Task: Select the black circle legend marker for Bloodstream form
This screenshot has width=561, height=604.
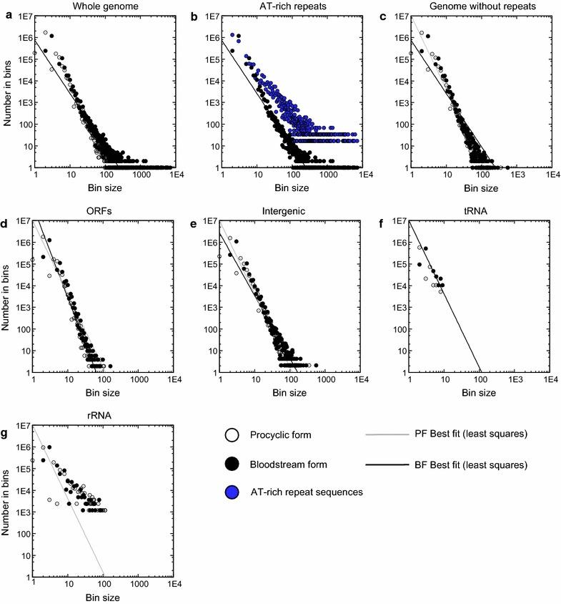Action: coord(231,464)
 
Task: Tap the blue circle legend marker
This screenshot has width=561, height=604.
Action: coord(231,492)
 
